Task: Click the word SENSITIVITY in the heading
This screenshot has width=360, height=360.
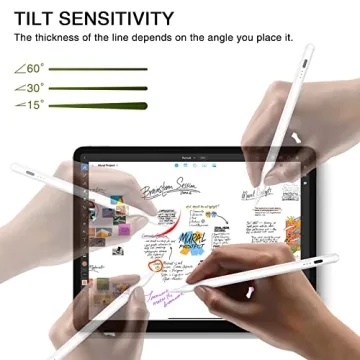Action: point(119,17)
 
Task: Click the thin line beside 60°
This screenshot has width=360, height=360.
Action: point(99,69)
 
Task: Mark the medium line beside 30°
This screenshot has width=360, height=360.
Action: point(99,87)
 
